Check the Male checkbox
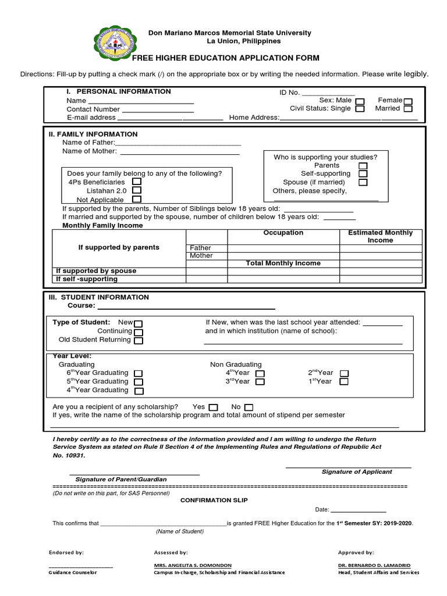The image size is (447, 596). point(360,101)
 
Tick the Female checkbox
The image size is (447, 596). point(408,101)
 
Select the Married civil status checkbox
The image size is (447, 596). point(408,109)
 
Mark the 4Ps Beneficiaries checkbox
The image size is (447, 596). point(137,182)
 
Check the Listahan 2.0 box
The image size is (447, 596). point(137,190)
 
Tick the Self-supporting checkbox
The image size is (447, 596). point(363,174)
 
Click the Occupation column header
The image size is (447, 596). point(283,233)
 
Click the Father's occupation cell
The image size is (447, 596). point(283,248)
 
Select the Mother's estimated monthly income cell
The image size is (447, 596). point(380,256)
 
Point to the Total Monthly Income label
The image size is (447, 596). point(283,264)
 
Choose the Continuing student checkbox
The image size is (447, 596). point(139,332)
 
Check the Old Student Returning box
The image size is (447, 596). point(139,340)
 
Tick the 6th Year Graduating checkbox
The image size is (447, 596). point(139,373)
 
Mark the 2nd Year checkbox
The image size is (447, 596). point(344,373)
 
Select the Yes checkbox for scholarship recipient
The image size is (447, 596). point(213,407)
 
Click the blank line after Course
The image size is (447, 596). point(186,307)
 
